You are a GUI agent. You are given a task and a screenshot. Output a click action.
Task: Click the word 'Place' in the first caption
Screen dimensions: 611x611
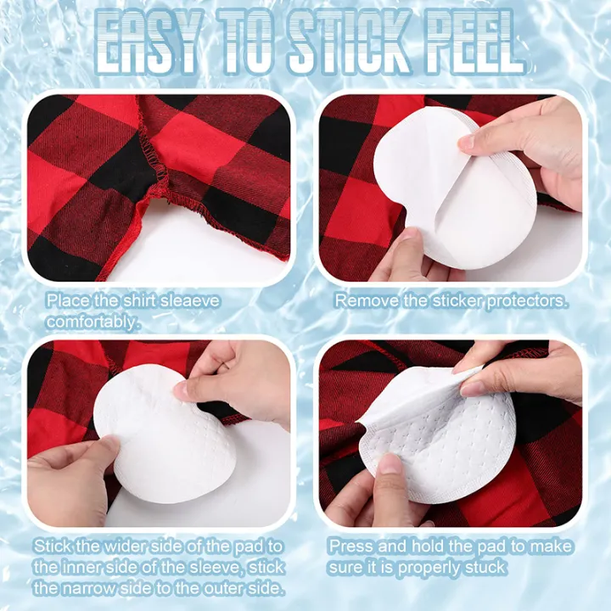click(x=64, y=300)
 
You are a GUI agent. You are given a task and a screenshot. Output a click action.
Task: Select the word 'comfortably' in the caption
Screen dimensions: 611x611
click(x=92, y=322)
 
